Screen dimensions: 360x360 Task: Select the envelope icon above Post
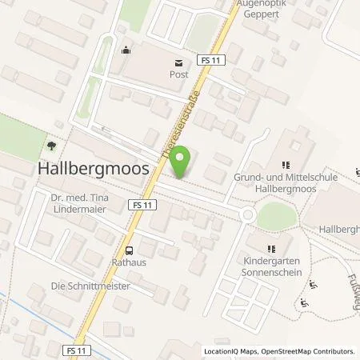click(x=178, y=61)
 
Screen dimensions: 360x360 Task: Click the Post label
click(x=178, y=74)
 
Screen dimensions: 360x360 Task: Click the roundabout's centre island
click(x=246, y=214)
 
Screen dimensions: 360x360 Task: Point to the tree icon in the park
click(x=50, y=145)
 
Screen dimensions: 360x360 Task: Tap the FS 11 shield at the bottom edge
click(x=78, y=349)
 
